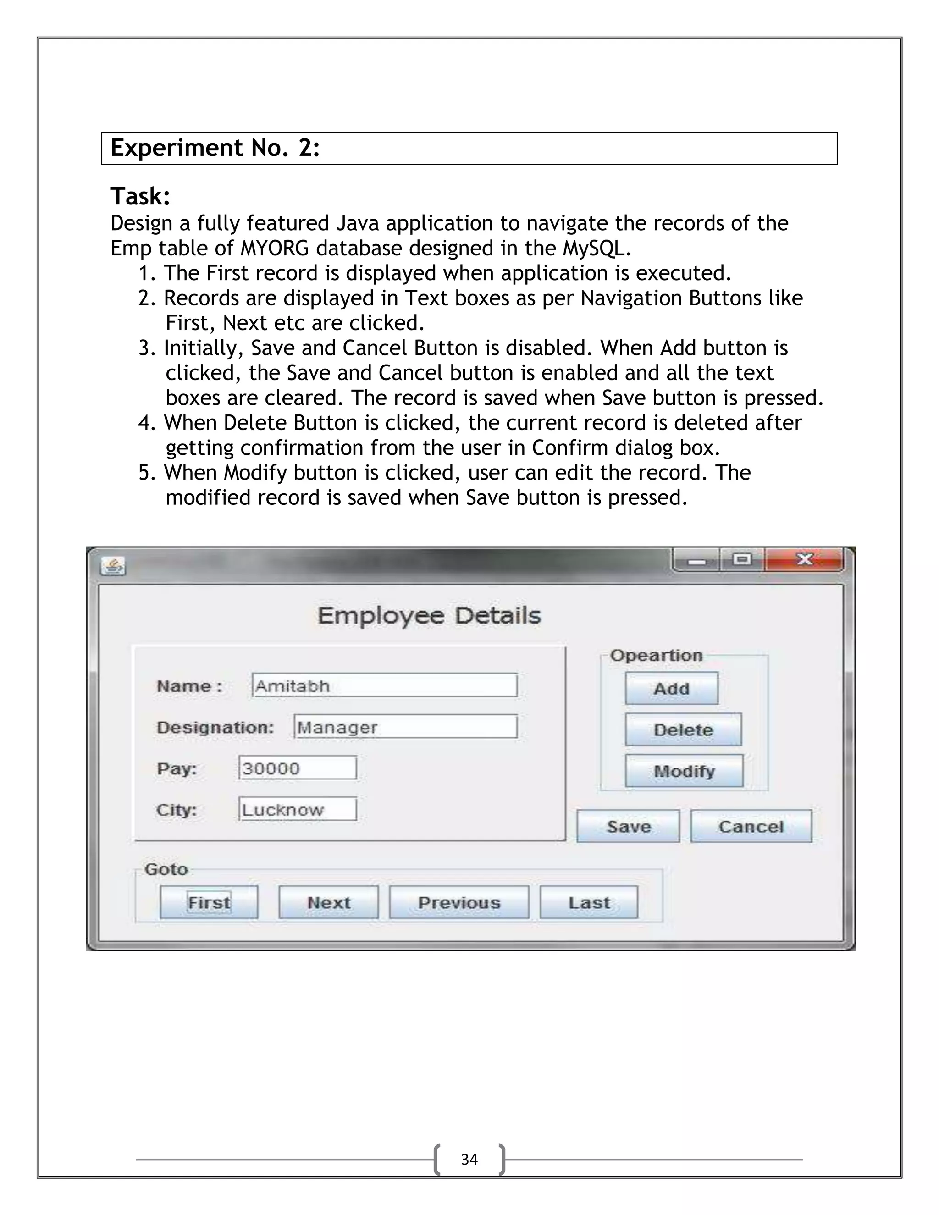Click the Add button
671,688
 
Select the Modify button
684,771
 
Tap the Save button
628,826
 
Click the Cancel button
751,826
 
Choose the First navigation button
209,902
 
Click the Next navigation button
328,902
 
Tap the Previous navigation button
459,902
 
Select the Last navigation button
589,902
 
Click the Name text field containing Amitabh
384,685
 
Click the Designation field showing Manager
405,727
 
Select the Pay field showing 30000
298,768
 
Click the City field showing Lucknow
298,809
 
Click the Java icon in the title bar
113,566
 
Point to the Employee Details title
429,616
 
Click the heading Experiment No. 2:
215,148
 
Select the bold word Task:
140,196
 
